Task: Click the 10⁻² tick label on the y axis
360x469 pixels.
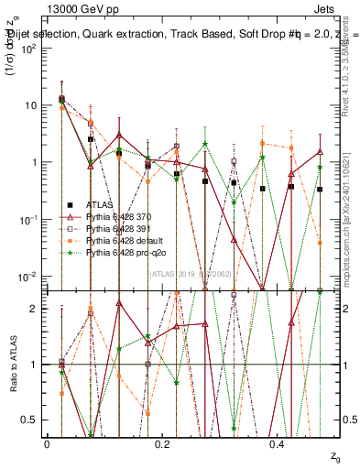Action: (x=31, y=277)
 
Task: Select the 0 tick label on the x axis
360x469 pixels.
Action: (x=47, y=443)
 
